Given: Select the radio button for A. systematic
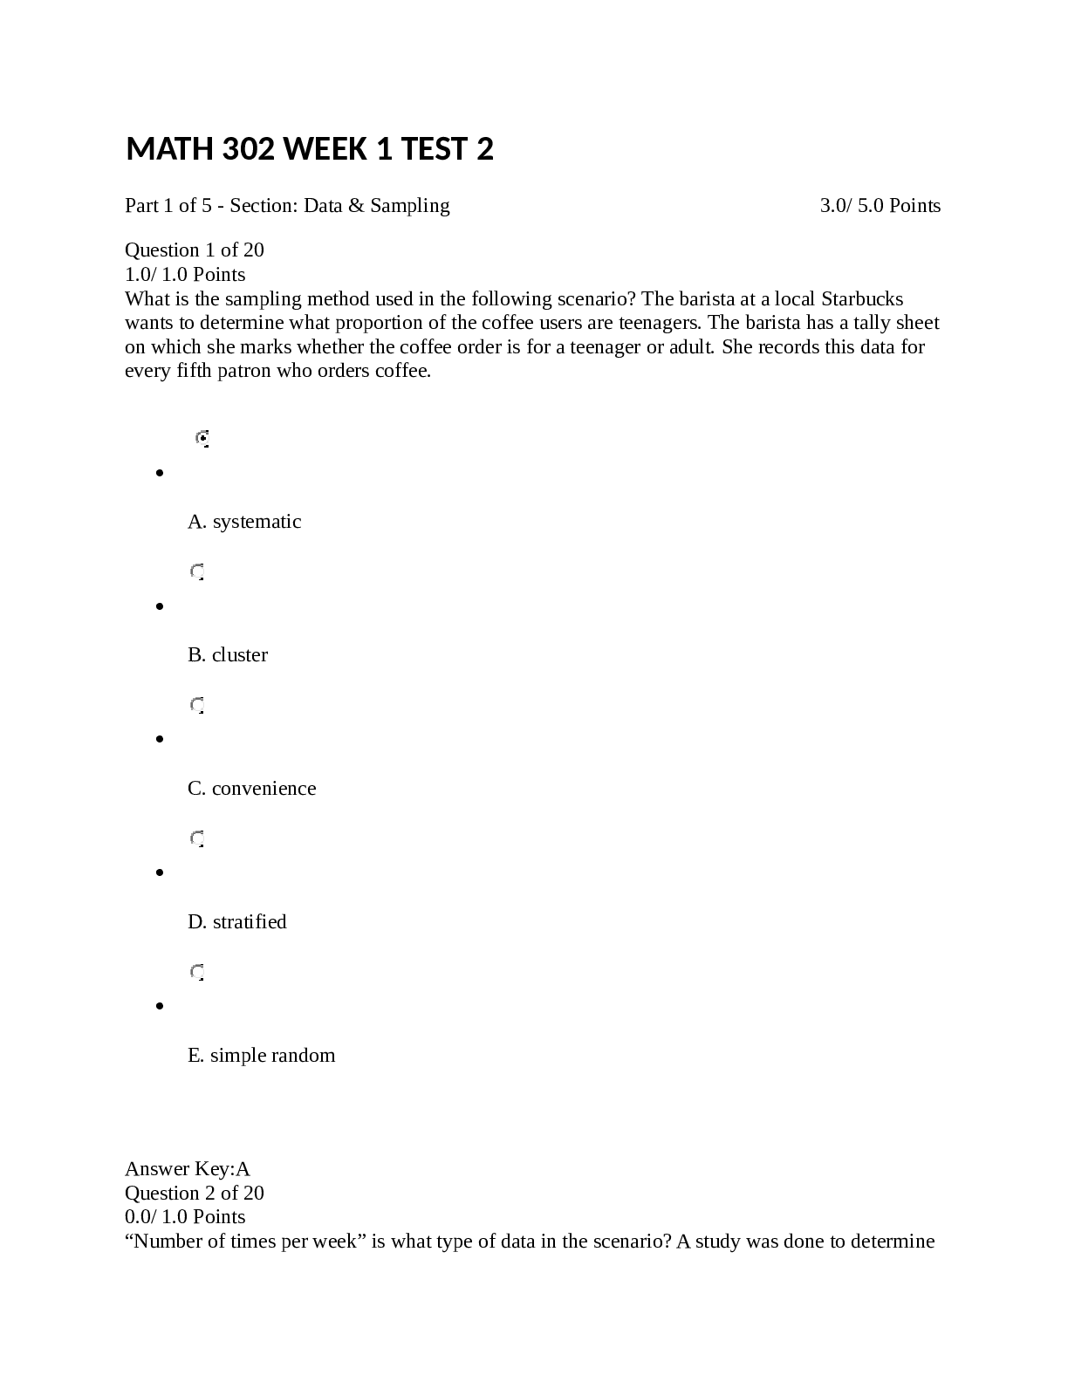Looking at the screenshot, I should coord(202,438).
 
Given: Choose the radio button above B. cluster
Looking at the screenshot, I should coord(197,571).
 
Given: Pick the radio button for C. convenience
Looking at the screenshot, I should coord(197,705).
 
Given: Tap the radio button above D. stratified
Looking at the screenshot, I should coord(197,838).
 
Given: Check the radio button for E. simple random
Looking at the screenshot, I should coord(197,972).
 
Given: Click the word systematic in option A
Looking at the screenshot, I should coord(257,522).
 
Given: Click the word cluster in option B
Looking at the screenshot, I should coord(240,655).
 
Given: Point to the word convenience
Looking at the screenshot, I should coord(264,789).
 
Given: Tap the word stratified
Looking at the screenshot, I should coord(250,922).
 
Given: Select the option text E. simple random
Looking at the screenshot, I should coord(261,1056).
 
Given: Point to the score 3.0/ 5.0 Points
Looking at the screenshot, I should coord(880,206).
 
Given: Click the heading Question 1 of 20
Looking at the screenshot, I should coord(195,250).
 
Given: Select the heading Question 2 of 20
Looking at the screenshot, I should coord(195,1194).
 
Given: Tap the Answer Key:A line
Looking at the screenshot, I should coord(188,1169).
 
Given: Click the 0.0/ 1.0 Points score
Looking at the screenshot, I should coord(185,1217).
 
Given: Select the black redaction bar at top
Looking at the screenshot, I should coord(531,164).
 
